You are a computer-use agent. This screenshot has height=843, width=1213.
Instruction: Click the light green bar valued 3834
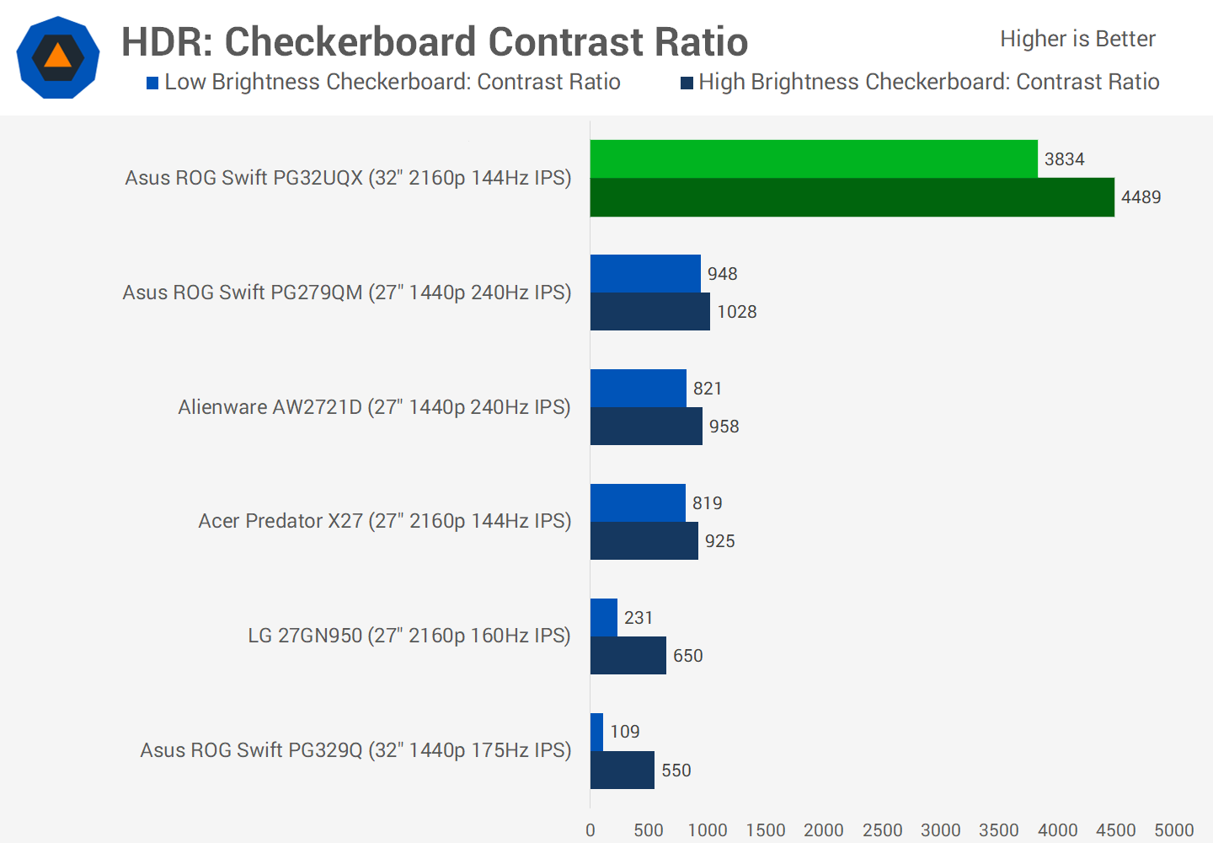click(814, 159)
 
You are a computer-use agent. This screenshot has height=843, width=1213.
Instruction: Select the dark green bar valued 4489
click(852, 197)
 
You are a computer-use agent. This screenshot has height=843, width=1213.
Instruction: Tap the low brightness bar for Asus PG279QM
click(645, 274)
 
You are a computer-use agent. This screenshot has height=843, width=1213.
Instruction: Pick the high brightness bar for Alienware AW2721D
click(646, 427)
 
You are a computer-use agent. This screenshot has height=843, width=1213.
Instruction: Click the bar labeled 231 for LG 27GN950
click(604, 618)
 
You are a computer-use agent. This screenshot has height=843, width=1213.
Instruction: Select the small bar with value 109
click(597, 732)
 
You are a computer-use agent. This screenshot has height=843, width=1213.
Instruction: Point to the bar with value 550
click(623, 771)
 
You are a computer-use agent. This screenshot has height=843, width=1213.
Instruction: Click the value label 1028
click(737, 312)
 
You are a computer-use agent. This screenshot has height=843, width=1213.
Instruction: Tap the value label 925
click(720, 541)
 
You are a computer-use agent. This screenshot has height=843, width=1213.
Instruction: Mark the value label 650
click(688, 656)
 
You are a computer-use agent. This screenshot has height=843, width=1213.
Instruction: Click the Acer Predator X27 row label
click(384, 521)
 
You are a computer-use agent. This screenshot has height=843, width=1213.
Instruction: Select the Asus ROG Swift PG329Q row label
click(355, 750)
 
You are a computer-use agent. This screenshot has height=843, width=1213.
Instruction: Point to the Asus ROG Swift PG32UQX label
click(348, 178)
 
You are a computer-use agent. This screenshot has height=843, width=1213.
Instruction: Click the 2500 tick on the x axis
click(882, 830)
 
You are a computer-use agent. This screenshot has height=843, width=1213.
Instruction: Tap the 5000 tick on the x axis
click(1174, 830)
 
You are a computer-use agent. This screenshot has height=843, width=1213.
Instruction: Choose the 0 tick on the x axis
click(590, 830)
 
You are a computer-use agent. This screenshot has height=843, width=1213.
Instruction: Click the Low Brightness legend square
click(152, 83)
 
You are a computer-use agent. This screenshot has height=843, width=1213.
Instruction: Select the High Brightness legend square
click(687, 83)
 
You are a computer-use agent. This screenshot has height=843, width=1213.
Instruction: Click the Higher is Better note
click(1077, 39)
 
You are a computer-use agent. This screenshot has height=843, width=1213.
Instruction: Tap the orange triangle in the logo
click(57, 56)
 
